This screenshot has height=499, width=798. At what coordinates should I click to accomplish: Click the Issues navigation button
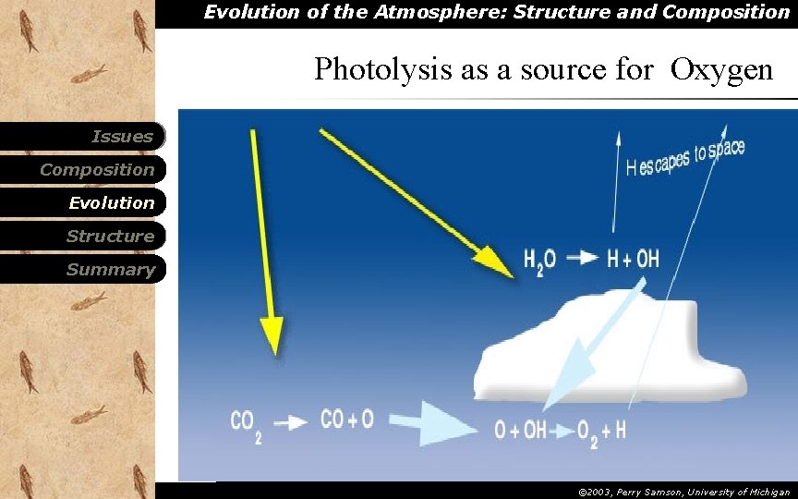pyautogui.click(x=121, y=137)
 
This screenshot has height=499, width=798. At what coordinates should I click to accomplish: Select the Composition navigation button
pyautogui.click(x=97, y=170)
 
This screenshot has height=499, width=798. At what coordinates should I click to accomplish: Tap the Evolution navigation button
pyautogui.click(x=112, y=203)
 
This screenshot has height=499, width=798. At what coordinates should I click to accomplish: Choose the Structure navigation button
pyautogui.click(x=110, y=237)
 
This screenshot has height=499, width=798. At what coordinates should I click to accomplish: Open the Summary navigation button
pyautogui.click(x=111, y=270)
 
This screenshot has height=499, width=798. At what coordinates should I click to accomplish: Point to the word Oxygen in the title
pyautogui.click(x=722, y=69)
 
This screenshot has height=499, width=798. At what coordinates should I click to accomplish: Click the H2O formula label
pyautogui.click(x=540, y=262)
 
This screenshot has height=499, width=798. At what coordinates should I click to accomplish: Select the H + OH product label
pyautogui.click(x=633, y=260)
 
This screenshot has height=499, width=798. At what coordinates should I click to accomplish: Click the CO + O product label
pyautogui.click(x=346, y=420)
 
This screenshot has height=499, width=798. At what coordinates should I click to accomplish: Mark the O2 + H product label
pyautogui.click(x=600, y=432)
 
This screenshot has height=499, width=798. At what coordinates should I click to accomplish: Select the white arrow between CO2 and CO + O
pyautogui.click(x=291, y=421)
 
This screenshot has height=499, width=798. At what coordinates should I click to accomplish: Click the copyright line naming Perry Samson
pyautogui.click(x=683, y=493)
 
